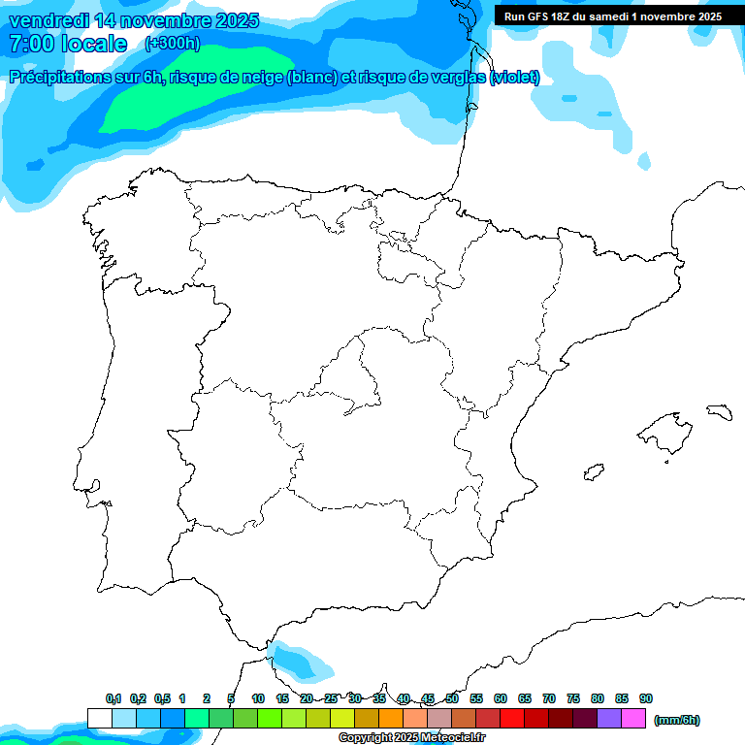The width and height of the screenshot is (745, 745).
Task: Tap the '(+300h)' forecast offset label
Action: (172, 44)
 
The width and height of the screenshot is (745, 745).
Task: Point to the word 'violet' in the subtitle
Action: (512, 78)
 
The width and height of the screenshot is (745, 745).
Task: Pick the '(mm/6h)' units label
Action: (677, 720)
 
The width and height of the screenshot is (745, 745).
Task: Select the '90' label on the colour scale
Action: (646, 698)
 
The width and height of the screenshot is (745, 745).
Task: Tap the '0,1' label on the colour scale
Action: (113, 698)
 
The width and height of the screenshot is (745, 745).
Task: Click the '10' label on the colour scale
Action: (258, 698)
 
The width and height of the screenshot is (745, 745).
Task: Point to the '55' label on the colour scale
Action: (476, 698)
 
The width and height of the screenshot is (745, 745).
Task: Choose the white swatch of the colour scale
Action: (99, 718)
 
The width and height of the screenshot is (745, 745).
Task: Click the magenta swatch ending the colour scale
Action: (633, 718)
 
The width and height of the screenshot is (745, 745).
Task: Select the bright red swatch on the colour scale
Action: (512, 718)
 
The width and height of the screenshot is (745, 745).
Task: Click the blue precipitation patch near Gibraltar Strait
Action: (303, 663)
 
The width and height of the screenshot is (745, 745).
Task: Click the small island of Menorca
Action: (719, 411)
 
